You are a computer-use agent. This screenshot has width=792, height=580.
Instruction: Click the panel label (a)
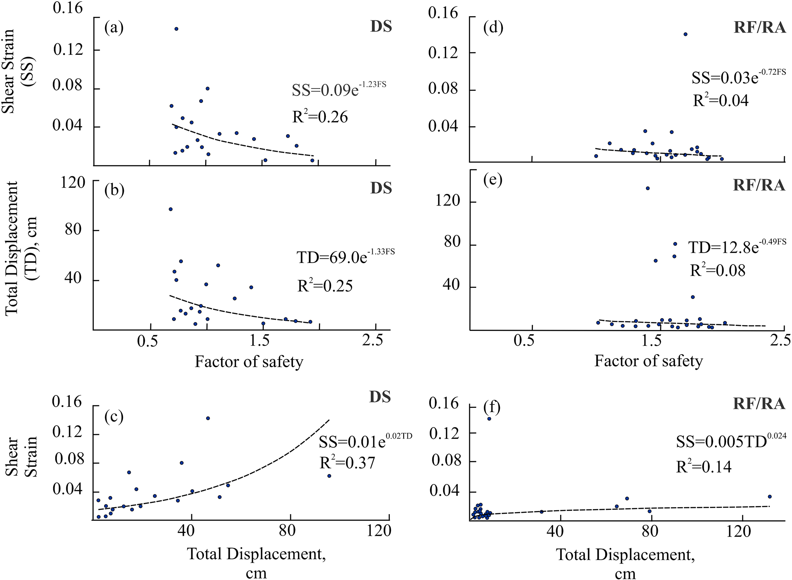pos(114,28)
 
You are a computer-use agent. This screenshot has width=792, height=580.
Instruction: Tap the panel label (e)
pos(493,180)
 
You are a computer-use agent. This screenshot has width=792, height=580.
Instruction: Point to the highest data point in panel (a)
pos(176,29)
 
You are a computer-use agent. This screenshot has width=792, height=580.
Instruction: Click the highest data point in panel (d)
pos(685,34)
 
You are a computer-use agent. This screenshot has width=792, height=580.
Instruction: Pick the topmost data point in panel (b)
pos(171,209)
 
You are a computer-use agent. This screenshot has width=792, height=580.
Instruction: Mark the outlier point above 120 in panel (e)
pos(647,188)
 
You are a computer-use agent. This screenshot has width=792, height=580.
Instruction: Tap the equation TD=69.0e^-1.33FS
pos(345,257)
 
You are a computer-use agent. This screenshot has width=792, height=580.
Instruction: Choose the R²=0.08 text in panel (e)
pos(718,271)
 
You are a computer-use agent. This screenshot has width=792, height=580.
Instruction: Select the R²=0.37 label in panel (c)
pos(347,463)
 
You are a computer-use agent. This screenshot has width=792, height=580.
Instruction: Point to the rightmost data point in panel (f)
pos(769,496)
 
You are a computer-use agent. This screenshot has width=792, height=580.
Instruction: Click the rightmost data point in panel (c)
pos(329,476)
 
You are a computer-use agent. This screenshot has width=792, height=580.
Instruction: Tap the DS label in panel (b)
pos(381,188)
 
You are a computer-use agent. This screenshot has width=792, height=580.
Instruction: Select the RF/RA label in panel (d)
pos(759,28)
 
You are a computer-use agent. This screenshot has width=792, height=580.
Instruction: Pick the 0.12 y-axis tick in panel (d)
pos(443,53)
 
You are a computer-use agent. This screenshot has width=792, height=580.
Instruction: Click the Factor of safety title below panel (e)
pos(648,361)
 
